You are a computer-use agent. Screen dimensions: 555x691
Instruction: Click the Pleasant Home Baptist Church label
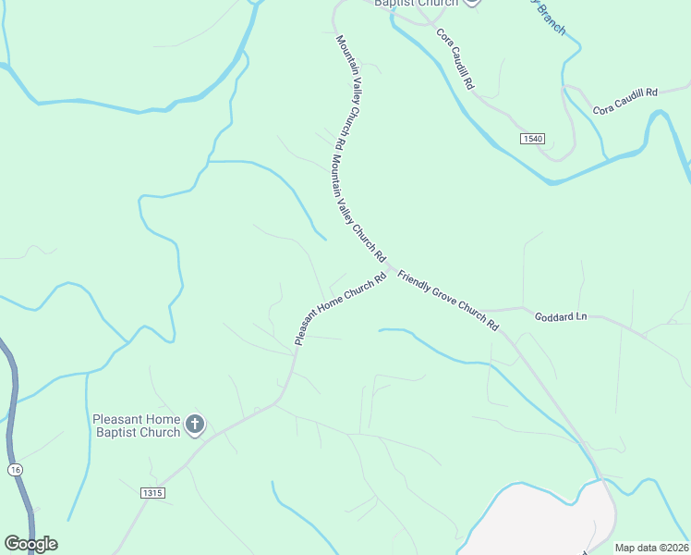pyautogui.click(x=137, y=425)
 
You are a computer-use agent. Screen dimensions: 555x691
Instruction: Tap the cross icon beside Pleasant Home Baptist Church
pyautogui.click(x=195, y=425)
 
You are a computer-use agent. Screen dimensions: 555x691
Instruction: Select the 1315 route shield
pyautogui.click(x=153, y=493)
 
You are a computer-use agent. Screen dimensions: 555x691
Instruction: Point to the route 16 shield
pyautogui.click(x=15, y=470)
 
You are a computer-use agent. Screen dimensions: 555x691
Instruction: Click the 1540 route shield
pyautogui.click(x=532, y=138)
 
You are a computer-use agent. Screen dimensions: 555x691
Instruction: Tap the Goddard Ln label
pyautogui.click(x=561, y=316)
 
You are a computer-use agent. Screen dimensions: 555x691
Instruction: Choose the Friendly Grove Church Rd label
pyautogui.click(x=448, y=301)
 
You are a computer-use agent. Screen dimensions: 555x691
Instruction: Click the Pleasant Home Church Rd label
pyautogui.click(x=339, y=310)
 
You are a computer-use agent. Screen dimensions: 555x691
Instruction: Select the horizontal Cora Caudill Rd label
pyautogui.click(x=624, y=101)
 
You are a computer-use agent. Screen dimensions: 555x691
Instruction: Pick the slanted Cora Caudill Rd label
pyautogui.click(x=455, y=59)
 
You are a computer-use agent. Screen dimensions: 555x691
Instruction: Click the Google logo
pyautogui.click(x=30, y=544)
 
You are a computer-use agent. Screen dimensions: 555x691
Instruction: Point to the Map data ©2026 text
pyautogui.click(x=651, y=548)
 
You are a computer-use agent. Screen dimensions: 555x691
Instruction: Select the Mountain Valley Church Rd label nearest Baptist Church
pyautogui.click(x=340, y=92)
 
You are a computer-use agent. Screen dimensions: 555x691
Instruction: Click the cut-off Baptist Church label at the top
pyautogui.click(x=416, y=3)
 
